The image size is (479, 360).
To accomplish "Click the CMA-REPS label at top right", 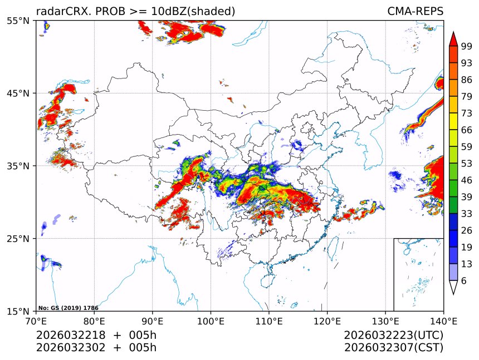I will click(415, 11).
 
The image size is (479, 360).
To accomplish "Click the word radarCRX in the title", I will click(60, 11).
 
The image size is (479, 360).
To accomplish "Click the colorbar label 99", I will click(467, 46).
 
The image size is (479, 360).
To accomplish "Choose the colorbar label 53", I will click(467, 163).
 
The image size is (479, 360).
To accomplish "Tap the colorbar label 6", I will click(464, 280).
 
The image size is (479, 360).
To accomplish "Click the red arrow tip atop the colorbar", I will click(453, 37).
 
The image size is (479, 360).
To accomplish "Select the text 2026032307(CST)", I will click(393, 348).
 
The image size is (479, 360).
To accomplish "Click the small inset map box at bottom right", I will click(418, 274).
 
